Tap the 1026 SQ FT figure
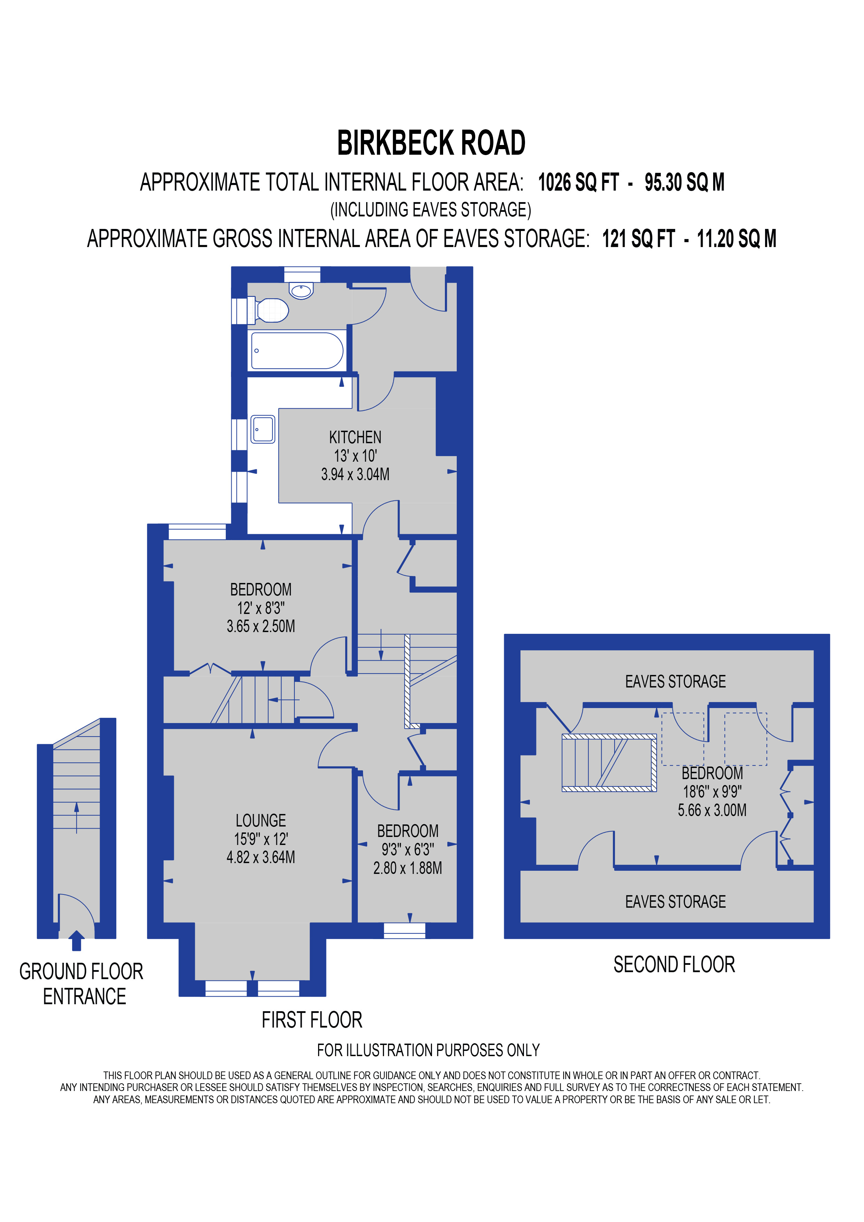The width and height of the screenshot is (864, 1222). tap(578, 183)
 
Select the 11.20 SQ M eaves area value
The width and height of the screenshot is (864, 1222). tap(736, 239)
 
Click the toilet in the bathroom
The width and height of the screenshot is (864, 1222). tap(272, 310)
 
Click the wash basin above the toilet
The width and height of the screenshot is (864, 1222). tap(301, 291)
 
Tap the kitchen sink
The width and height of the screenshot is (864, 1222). tap(263, 429)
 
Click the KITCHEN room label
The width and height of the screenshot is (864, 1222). tap(355, 438)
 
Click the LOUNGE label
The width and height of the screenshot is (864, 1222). tap(261, 820)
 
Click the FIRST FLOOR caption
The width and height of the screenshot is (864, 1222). tap(312, 1020)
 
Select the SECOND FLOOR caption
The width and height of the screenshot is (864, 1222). tap(674, 964)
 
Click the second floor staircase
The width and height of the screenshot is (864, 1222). tap(609, 763)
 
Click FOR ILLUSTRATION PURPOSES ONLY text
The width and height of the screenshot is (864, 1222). tap(428, 1050)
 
